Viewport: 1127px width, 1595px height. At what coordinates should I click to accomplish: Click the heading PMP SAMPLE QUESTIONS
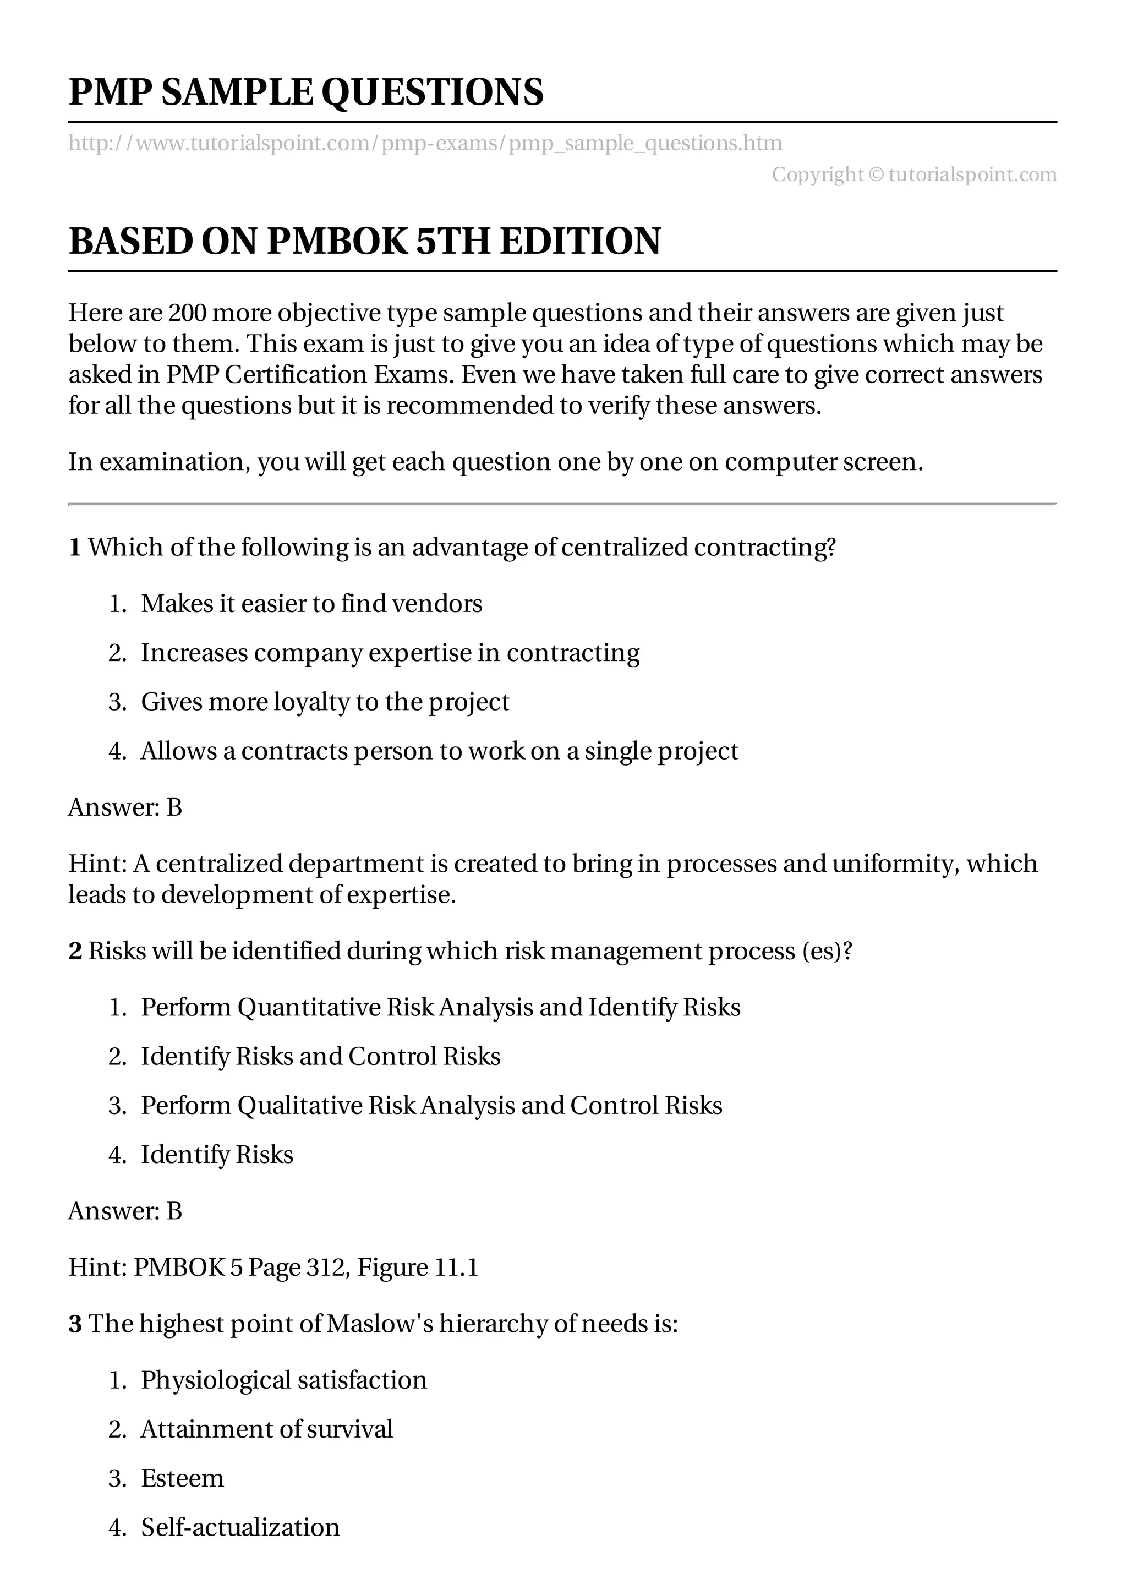(x=306, y=92)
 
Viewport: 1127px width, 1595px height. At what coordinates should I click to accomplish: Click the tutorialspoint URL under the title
(x=425, y=143)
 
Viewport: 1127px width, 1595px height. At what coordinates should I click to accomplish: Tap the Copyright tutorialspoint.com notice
(x=914, y=174)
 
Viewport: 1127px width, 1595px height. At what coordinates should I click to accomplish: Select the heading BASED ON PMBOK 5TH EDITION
(x=364, y=242)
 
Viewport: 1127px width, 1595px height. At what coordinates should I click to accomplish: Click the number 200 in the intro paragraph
(x=188, y=313)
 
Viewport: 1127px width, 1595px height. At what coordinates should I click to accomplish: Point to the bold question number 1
(x=74, y=548)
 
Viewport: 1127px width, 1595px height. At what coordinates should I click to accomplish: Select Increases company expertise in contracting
(x=390, y=653)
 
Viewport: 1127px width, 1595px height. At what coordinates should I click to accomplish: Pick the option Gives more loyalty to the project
(x=325, y=702)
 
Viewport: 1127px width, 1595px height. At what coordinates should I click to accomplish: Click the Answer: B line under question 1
(x=125, y=807)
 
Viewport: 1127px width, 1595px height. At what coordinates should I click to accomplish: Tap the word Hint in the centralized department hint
(x=96, y=864)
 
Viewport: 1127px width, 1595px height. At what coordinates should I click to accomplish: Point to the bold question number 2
(x=75, y=951)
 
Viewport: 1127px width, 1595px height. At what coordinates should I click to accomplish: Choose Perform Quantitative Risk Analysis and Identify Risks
(x=440, y=1007)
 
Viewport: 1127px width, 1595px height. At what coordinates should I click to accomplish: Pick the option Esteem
(x=182, y=1478)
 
